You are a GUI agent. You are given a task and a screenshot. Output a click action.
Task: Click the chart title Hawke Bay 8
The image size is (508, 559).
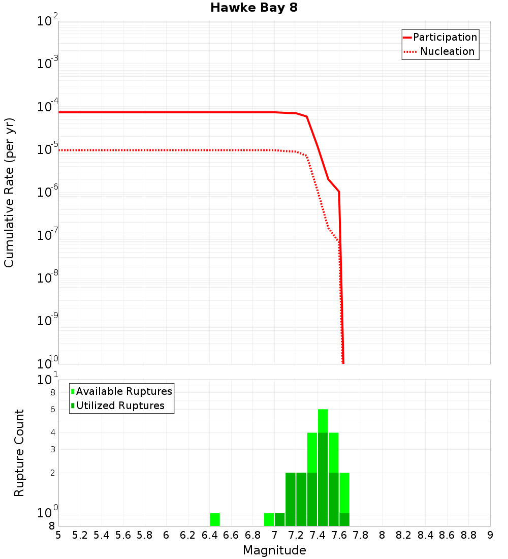click(253, 8)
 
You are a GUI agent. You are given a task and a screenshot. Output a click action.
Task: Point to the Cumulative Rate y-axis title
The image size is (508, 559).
click(10, 192)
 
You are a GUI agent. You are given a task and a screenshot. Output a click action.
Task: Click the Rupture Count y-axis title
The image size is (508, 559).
click(20, 452)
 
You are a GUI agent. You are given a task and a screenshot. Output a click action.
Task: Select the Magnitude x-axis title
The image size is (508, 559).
click(274, 550)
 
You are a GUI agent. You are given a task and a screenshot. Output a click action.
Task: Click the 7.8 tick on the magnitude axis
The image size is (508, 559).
click(361, 535)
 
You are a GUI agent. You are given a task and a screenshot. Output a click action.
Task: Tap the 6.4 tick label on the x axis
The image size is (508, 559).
click(209, 535)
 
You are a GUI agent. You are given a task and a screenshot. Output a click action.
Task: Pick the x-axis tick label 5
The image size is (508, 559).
click(58, 535)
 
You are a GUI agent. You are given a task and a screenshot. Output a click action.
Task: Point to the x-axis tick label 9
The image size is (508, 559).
click(490, 535)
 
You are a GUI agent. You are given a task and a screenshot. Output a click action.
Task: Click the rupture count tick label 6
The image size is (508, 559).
click(52, 409)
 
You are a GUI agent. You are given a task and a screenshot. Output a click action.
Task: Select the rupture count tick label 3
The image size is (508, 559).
click(52, 449)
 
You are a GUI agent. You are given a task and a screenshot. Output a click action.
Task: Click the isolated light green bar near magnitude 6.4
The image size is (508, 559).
click(215, 519)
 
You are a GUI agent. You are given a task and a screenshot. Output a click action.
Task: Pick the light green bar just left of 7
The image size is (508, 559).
click(269, 519)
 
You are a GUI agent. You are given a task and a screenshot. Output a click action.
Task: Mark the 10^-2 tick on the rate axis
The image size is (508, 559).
click(48, 21)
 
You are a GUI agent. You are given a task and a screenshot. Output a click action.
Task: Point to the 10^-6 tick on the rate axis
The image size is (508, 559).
click(48, 193)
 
